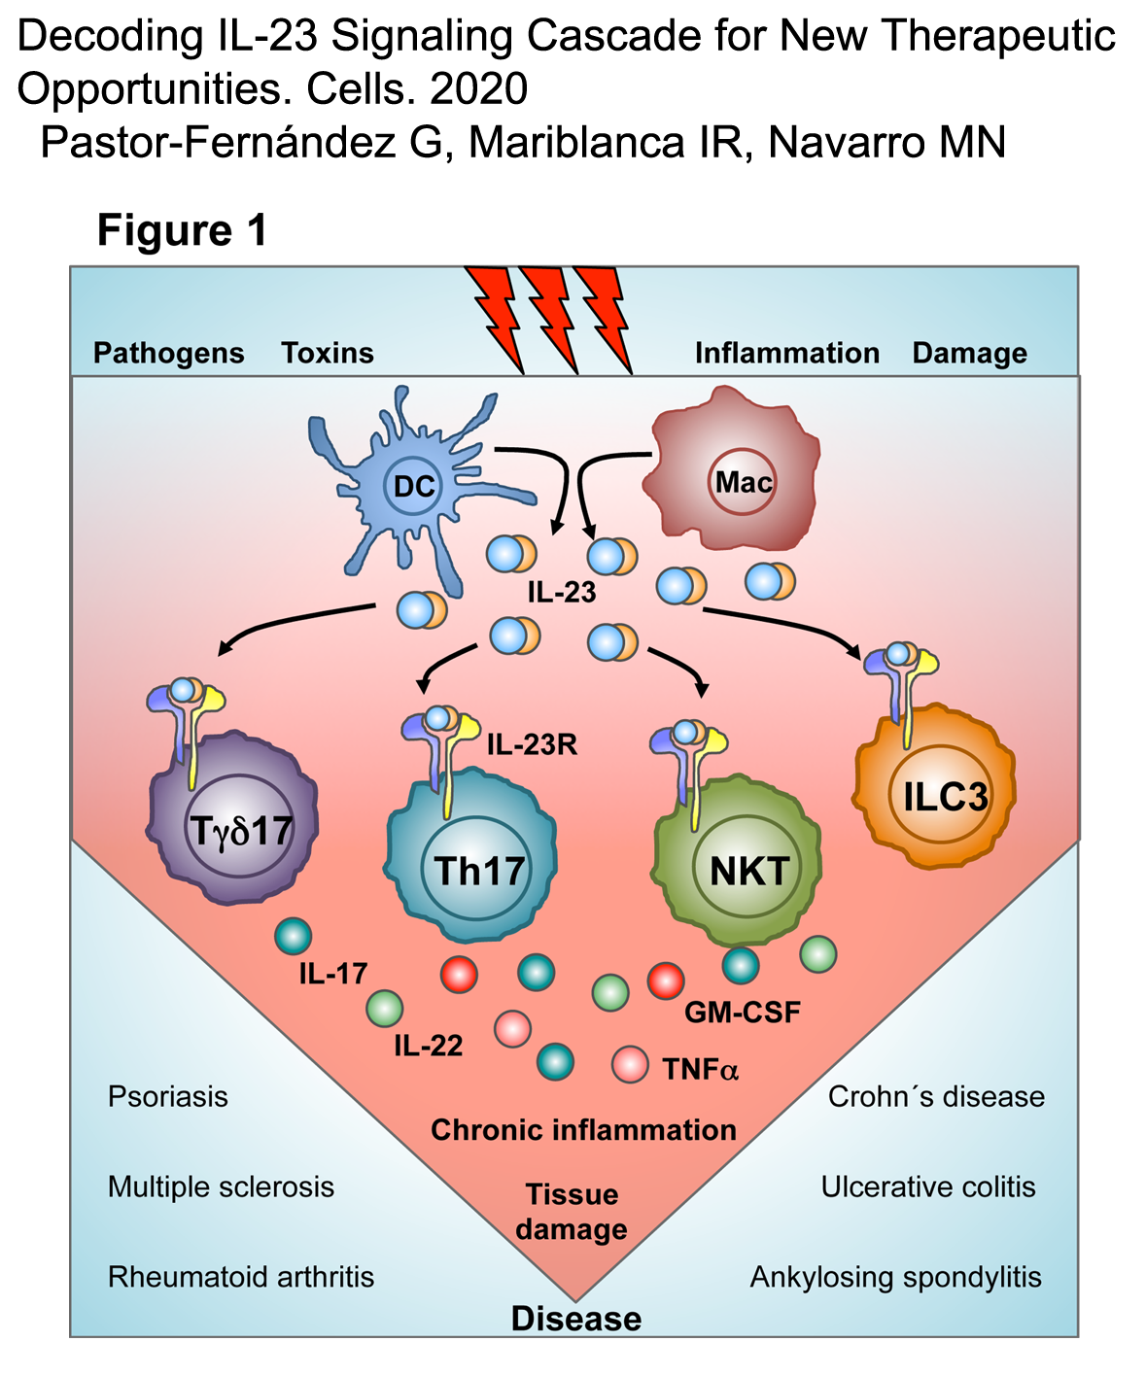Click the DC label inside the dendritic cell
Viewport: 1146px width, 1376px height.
(414, 485)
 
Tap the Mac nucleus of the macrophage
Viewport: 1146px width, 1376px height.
(744, 482)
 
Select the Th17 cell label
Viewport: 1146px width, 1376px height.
(479, 871)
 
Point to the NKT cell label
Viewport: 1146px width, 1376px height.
(748, 871)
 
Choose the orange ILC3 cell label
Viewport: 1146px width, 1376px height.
(945, 797)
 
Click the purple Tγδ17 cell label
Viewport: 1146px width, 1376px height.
(241, 831)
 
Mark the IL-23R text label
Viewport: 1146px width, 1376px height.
(532, 745)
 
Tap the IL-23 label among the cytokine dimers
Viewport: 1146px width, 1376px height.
(561, 592)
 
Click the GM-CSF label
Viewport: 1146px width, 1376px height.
(743, 1013)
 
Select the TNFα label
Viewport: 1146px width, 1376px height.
(700, 1070)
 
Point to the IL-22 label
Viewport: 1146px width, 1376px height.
(428, 1047)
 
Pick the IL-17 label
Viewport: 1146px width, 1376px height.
(332, 974)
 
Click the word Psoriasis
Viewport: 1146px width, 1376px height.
(167, 1097)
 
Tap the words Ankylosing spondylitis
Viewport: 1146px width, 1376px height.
(895, 1277)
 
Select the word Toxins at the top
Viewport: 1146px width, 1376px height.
(327, 353)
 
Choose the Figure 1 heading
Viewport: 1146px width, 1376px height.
(182, 231)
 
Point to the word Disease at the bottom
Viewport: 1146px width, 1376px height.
(575, 1319)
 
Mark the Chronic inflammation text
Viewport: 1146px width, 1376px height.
(583, 1130)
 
